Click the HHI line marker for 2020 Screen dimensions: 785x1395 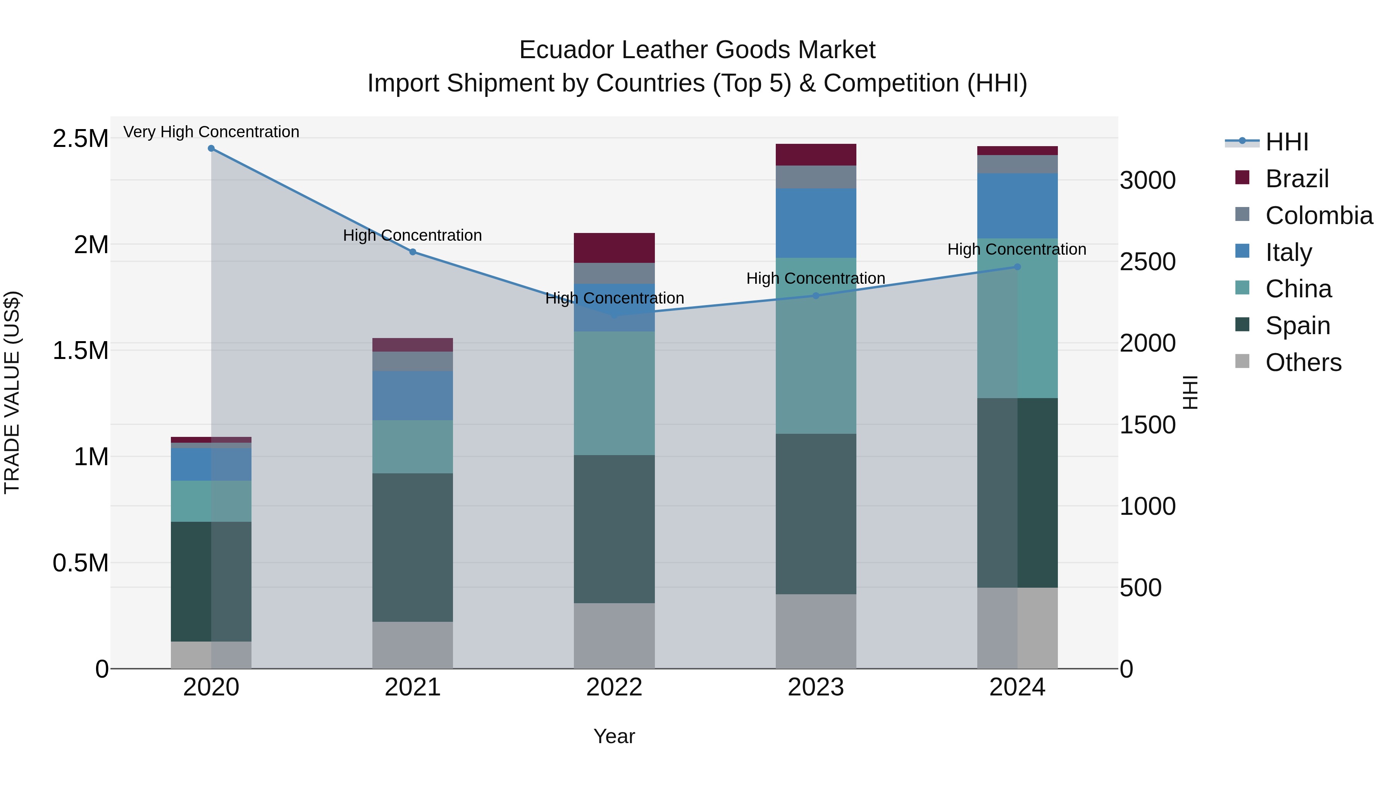click(211, 148)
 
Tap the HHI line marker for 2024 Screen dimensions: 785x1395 click(1017, 267)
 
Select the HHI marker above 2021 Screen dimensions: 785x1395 click(413, 252)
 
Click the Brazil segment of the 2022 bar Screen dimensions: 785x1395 click(614, 248)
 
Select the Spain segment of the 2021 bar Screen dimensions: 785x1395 click(413, 547)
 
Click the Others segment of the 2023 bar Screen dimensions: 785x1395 click(816, 631)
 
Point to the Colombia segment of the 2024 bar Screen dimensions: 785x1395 click(1017, 164)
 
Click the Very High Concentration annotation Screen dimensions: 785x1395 click(211, 132)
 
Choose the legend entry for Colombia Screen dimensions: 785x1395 click(1319, 216)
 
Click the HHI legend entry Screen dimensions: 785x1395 click(1286, 142)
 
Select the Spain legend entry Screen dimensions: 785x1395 click(1297, 326)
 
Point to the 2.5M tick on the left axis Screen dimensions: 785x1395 click(80, 139)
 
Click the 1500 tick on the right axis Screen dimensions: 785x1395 click(1147, 425)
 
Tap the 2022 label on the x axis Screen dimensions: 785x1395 click(614, 687)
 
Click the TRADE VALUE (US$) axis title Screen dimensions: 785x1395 click(12, 392)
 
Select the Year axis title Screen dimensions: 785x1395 click(614, 736)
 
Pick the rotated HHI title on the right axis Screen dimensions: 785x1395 click(1190, 392)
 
